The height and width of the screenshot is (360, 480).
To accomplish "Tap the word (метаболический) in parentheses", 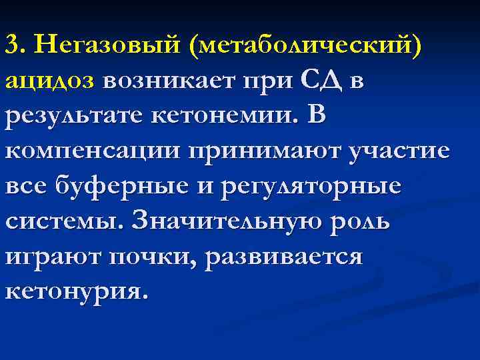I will pyautogui.click(x=307, y=45).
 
